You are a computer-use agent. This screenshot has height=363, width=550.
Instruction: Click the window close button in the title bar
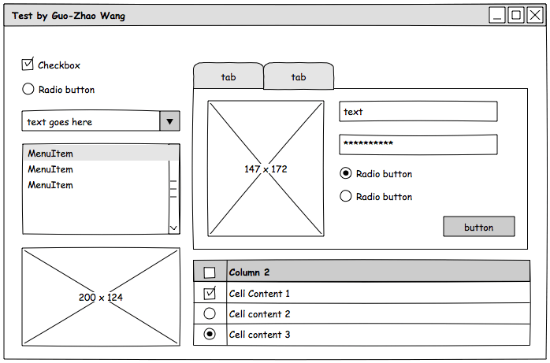(x=534, y=15)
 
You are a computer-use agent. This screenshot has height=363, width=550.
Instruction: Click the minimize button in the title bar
(x=497, y=15)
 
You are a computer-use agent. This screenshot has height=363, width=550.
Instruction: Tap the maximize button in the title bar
(x=516, y=15)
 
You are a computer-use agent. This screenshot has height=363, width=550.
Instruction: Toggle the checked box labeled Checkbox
(x=28, y=65)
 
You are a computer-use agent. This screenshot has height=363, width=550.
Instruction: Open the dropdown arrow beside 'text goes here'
(x=170, y=121)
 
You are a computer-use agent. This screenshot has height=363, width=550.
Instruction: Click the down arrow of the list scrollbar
(x=173, y=228)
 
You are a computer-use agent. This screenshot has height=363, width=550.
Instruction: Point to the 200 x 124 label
(x=101, y=297)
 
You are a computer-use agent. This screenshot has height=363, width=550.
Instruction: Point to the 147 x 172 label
(x=266, y=169)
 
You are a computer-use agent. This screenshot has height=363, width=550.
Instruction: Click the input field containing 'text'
(x=418, y=112)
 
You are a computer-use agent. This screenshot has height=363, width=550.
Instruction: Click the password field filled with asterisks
(x=418, y=145)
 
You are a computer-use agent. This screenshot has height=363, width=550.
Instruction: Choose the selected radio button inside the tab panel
(x=345, y=173)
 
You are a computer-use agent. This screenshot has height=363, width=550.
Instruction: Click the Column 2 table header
(x=249, y=272)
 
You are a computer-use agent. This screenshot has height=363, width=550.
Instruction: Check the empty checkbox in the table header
(x=210, y=272)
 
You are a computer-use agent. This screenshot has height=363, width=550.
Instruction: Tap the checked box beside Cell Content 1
(x=210, y=294)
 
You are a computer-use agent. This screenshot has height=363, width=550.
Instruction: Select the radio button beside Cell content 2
(x=210, y=313)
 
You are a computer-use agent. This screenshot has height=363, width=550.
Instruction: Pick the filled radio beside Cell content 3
(x=210, y=334)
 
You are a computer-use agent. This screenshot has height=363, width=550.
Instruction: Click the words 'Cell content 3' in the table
(x=259, y=335)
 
